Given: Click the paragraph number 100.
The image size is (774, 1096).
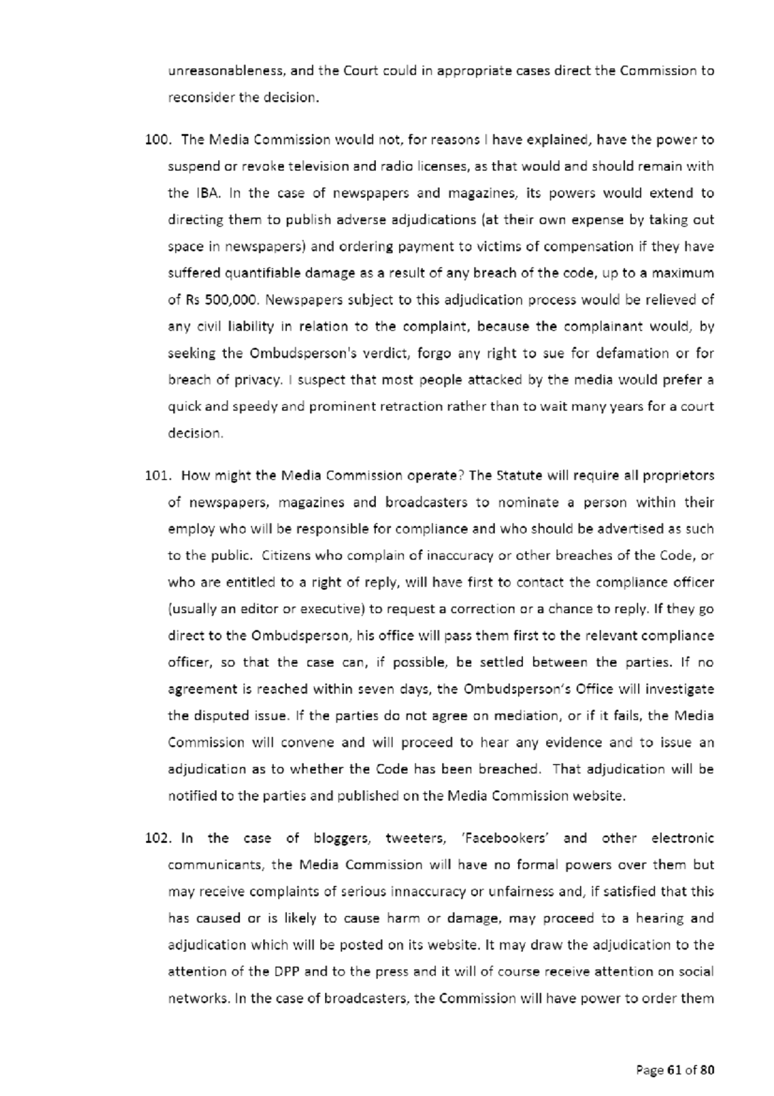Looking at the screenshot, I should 157,140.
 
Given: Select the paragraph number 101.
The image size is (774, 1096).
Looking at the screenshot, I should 157,476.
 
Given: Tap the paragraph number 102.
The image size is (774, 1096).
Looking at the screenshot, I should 157,838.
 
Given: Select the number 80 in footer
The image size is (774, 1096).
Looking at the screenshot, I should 707,1071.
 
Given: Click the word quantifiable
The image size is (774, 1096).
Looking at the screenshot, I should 263,273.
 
